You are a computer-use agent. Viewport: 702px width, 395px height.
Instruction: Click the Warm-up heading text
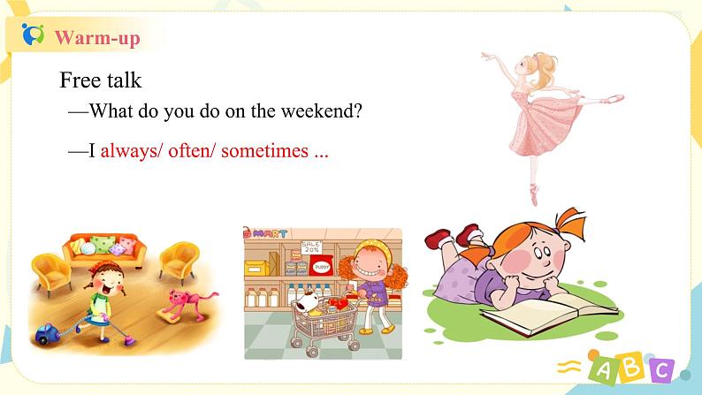(x=97, y=38)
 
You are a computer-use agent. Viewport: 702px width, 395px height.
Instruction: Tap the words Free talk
(x=100, y=80)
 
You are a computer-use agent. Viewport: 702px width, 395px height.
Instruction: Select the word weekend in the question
(x=321, y=110)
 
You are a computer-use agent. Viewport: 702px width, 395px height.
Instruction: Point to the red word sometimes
(x=264, y=151)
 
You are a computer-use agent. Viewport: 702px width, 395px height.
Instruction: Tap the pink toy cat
(x=186, y=304)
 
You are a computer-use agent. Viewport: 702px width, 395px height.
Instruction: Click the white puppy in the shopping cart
(x=309, y=301)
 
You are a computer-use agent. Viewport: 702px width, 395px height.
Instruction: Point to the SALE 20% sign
(x=311, y=247)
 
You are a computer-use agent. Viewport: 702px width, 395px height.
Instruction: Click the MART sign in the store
(x=267, y=233)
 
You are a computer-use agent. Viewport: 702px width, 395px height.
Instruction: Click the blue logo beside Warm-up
(x=33, y=34)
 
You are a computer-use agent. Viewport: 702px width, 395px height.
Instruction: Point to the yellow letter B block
(x=632, y=367)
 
